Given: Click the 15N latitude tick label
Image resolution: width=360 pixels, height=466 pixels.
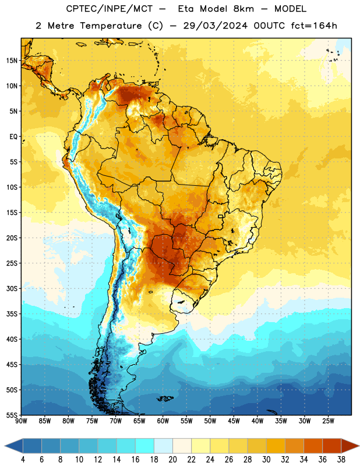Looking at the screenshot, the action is [x=12, y=61].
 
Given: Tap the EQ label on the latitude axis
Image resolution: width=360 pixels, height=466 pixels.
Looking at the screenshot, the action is [x=13, y=137].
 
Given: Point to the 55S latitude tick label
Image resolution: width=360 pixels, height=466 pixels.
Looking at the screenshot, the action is [x=12, y=415].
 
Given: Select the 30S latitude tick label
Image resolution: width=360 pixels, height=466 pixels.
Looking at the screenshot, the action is [x=12, y=288].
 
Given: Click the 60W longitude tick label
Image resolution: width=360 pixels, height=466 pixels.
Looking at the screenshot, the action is [x=163, y=421].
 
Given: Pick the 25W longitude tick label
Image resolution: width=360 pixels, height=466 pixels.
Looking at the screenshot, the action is [x=328, y=421].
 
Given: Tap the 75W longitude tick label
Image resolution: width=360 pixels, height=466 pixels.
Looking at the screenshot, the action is [x=92, y=421].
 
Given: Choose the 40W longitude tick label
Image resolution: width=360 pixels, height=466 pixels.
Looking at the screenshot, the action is [x=257, y=421].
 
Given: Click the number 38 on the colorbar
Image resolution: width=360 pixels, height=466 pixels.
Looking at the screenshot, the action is [x=341, y=460].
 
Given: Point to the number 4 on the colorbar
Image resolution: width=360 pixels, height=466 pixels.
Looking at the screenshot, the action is [x=23, y=460].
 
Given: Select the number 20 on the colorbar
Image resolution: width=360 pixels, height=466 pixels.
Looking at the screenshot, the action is [x=172, y=460].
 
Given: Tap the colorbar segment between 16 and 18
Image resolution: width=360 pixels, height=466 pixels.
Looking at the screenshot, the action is [x=145, y=446].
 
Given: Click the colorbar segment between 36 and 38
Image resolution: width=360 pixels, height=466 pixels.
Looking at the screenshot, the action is [x=332, y=446].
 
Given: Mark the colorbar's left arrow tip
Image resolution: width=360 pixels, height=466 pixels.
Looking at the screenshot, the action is [x=5, y=446].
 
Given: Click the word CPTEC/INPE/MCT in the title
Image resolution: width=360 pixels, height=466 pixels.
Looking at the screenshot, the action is [x=110, y=9].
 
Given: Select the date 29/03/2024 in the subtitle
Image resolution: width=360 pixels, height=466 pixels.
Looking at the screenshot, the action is [x=215, y=26].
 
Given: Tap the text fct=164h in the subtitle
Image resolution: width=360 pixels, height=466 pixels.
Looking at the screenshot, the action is [x=314, y=26].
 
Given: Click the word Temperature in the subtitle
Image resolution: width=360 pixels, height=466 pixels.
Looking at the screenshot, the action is [x=110, y=26].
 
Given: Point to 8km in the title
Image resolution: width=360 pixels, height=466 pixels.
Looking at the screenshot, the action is [x=243, y=9].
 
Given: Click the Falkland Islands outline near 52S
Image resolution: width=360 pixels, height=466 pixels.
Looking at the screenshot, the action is [x=165, y=398].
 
